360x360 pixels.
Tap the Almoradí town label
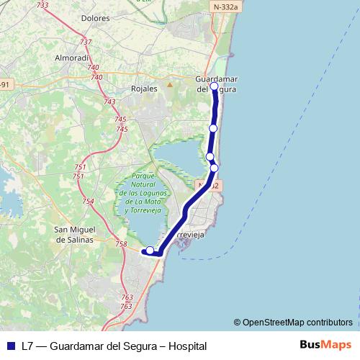click(x=72, y=57)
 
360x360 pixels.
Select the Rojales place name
click(x=145, y=89)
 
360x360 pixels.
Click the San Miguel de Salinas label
click(x=74, y=235)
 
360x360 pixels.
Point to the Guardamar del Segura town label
click(x=217, y=84)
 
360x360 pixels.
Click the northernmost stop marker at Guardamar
click(x=214, y=86)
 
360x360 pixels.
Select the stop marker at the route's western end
click(x=150, y=251)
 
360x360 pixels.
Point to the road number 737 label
click(x=86, y=43)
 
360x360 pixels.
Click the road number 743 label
click(x=109, y=102)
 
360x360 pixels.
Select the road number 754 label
click(x=88, y=202)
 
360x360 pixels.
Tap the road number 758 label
click(x=121, y=245)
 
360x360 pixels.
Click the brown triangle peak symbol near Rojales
click(x=170, y=84)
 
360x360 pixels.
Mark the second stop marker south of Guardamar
click(x=210, y=156)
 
